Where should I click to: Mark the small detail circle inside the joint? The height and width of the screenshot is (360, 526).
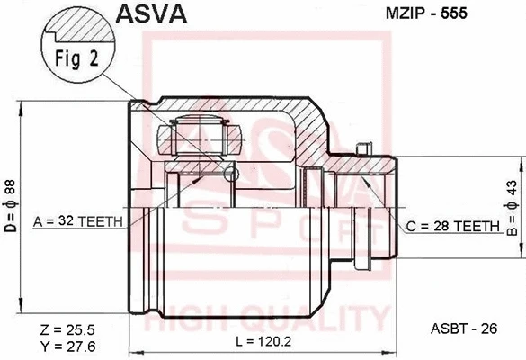coord(231,173)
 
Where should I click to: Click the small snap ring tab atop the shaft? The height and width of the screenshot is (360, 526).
coord(364,148)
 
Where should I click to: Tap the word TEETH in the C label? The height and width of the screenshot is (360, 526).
coord(477,227)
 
